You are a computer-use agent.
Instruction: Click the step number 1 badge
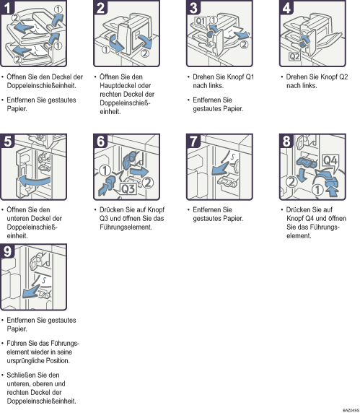click(7, 7)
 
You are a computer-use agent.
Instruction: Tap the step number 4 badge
click(286, 7)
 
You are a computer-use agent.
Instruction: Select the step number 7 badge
click(193, 141)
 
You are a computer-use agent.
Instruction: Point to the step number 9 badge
click(7, 251)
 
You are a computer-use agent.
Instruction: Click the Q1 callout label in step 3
click(201, 21)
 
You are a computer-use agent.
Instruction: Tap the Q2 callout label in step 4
click(294, 56)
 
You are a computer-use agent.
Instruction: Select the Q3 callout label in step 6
click(128, 189)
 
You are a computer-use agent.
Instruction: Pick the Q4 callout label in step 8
click(330, 160)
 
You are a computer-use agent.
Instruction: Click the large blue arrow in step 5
click(34, 181)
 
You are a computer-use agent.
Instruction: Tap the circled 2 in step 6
click(148, 183)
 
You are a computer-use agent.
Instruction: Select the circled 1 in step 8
click(317, 190)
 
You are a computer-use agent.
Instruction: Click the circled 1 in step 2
click(106, 49)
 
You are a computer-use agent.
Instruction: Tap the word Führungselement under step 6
click(126, 227)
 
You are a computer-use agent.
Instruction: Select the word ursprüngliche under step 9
click(22, 361)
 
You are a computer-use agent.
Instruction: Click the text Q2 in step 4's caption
click(343, 77)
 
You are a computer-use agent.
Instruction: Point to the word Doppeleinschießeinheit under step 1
click(41, 86)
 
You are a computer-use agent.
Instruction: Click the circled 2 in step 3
click(245, 45)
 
